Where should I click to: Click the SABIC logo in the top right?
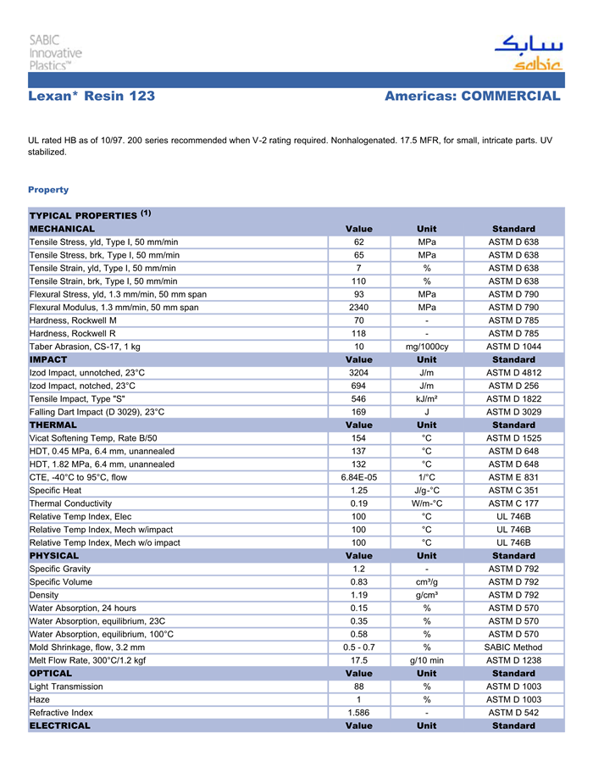point(527,53)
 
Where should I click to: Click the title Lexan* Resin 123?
point(91,97)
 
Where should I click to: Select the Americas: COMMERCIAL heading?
point(472,97)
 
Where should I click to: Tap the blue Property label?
point(48,189)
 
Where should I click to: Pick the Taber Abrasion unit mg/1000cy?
point(427,346)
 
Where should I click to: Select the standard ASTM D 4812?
point(513,372)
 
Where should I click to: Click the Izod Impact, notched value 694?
point(358,386)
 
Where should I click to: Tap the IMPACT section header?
point(48,359)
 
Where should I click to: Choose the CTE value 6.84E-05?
point(358,477)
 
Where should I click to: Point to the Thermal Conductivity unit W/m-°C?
point(427,503)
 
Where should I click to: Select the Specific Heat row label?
point(56,490)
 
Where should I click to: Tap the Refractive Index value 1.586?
point(358,712)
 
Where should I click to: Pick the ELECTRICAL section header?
point(59,725)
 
